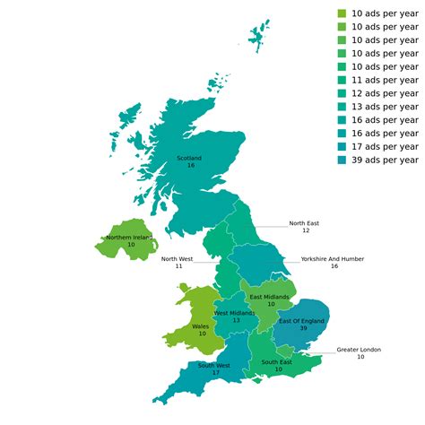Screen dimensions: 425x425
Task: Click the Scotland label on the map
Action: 189,159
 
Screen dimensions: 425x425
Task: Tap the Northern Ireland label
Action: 129,237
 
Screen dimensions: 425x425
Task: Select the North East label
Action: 304,223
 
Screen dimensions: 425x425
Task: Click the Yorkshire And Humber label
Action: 333,258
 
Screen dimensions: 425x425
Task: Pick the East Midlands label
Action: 270,296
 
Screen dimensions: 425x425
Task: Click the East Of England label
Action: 302,321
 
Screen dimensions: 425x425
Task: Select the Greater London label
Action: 359,350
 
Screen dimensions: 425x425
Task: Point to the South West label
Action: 215,365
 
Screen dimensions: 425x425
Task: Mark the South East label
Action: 277,362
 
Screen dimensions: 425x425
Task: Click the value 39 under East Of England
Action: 302,329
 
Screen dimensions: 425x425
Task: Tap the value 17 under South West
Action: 215,373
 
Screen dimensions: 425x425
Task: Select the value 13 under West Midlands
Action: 236,321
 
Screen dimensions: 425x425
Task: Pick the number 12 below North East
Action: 305,231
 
